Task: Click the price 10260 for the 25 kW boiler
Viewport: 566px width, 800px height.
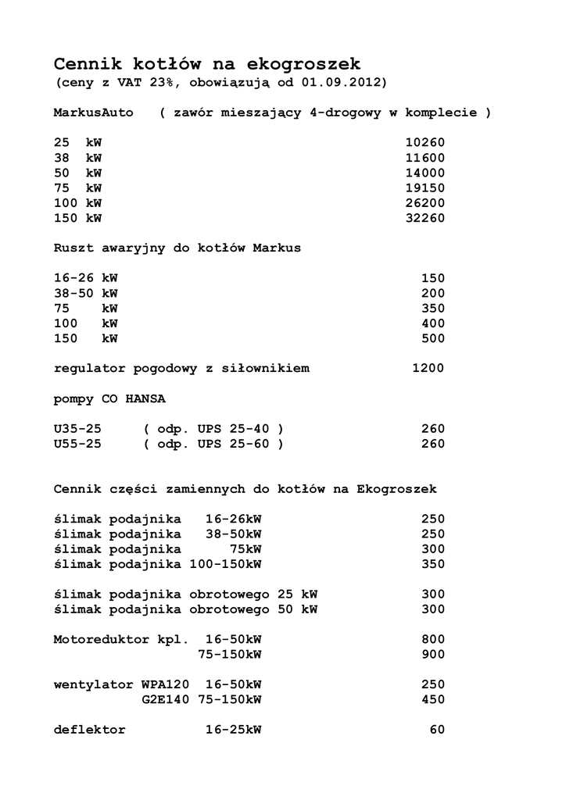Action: point(424,143)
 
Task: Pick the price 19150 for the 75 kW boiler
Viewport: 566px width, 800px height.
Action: point(424,188)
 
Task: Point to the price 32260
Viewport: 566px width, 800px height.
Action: point(424,218)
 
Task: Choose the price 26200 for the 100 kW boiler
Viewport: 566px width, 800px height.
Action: point(424,203)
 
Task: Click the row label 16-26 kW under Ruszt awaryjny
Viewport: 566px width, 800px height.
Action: point(85,278)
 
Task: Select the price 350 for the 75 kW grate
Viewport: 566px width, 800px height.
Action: point(432,309)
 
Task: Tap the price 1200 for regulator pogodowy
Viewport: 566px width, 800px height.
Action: point(428,369)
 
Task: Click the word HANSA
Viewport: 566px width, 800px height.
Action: point(145,398)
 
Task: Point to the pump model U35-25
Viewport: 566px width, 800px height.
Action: point(77,429)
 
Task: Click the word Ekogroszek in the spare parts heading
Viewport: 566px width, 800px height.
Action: point(396,489)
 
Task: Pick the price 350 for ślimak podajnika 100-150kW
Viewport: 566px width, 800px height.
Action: point(432,564)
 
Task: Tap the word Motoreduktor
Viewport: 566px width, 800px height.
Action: point(101,639)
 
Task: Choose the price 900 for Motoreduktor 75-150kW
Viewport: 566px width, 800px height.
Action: point(432,654)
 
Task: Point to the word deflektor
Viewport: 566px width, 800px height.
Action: point(89,730)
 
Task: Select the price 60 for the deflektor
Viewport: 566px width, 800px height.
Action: point(436,730)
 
